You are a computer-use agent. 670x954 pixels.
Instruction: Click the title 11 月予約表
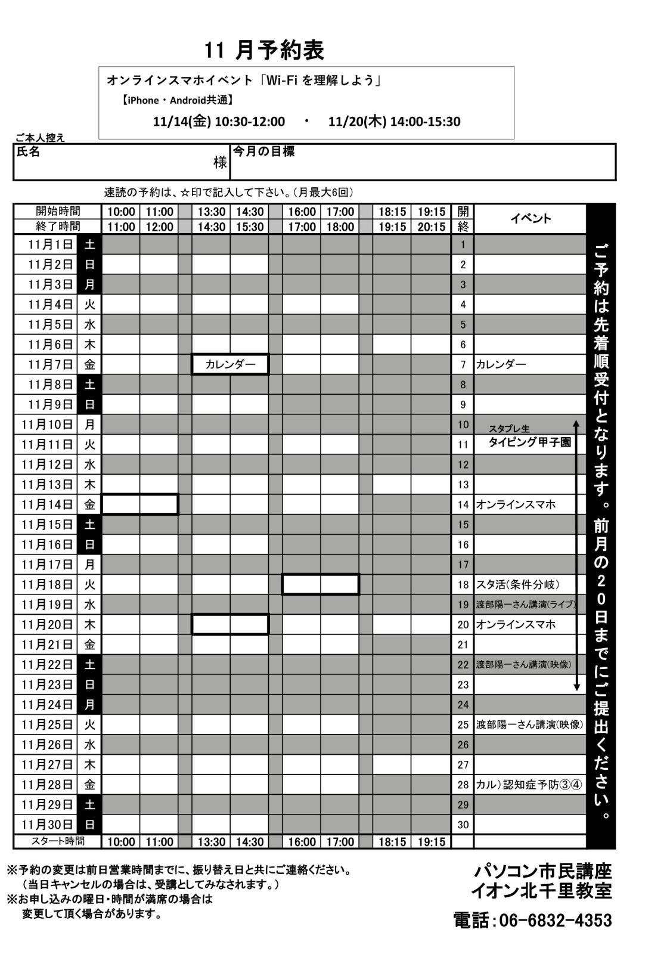[264, 51]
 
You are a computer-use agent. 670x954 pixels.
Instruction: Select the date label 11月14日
[47, 504]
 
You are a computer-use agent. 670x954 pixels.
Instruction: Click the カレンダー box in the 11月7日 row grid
[230, 364]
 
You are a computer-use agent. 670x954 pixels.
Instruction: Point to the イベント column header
[530, 218]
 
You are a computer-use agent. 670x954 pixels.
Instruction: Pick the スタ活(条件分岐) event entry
[517, 584]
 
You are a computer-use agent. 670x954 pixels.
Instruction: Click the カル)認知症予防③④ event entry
[528, 785]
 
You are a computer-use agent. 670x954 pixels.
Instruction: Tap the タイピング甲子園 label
[529, 442]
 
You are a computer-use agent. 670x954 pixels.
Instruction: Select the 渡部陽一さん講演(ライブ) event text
[526, 605]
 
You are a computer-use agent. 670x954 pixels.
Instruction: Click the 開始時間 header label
[58, 211]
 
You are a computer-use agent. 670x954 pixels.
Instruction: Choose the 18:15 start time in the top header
[392, 212]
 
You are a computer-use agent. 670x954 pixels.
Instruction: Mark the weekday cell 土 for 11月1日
[89, 244]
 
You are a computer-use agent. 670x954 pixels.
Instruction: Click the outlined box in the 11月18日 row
[320, 584]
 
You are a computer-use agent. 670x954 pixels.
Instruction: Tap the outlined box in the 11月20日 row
[230, 624]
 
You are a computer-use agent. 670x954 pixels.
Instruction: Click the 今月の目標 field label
[263, 151]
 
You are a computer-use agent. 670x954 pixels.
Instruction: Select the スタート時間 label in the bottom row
[58, 841]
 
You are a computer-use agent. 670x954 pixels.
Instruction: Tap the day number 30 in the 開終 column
[463, 825]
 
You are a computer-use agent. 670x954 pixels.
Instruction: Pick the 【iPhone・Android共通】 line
[176, 100]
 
